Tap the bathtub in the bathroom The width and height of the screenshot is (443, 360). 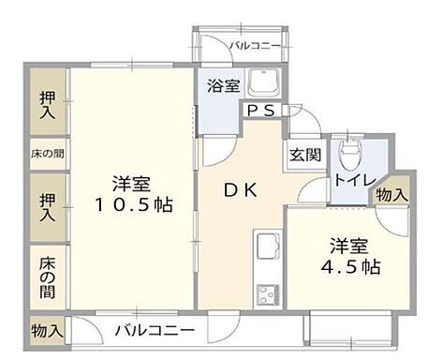tap(264, 85)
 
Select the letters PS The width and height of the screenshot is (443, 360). tap(259, 111)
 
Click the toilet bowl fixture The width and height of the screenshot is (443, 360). tap(351, 151)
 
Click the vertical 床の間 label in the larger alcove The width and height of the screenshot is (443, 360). tap(47, 278)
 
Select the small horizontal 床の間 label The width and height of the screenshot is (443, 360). tap(47, 153)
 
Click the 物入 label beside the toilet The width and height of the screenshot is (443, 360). tap(391, 194)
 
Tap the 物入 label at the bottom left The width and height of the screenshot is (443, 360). tap(46, 330)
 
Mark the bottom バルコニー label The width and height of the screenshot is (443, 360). tap(155, 331)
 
